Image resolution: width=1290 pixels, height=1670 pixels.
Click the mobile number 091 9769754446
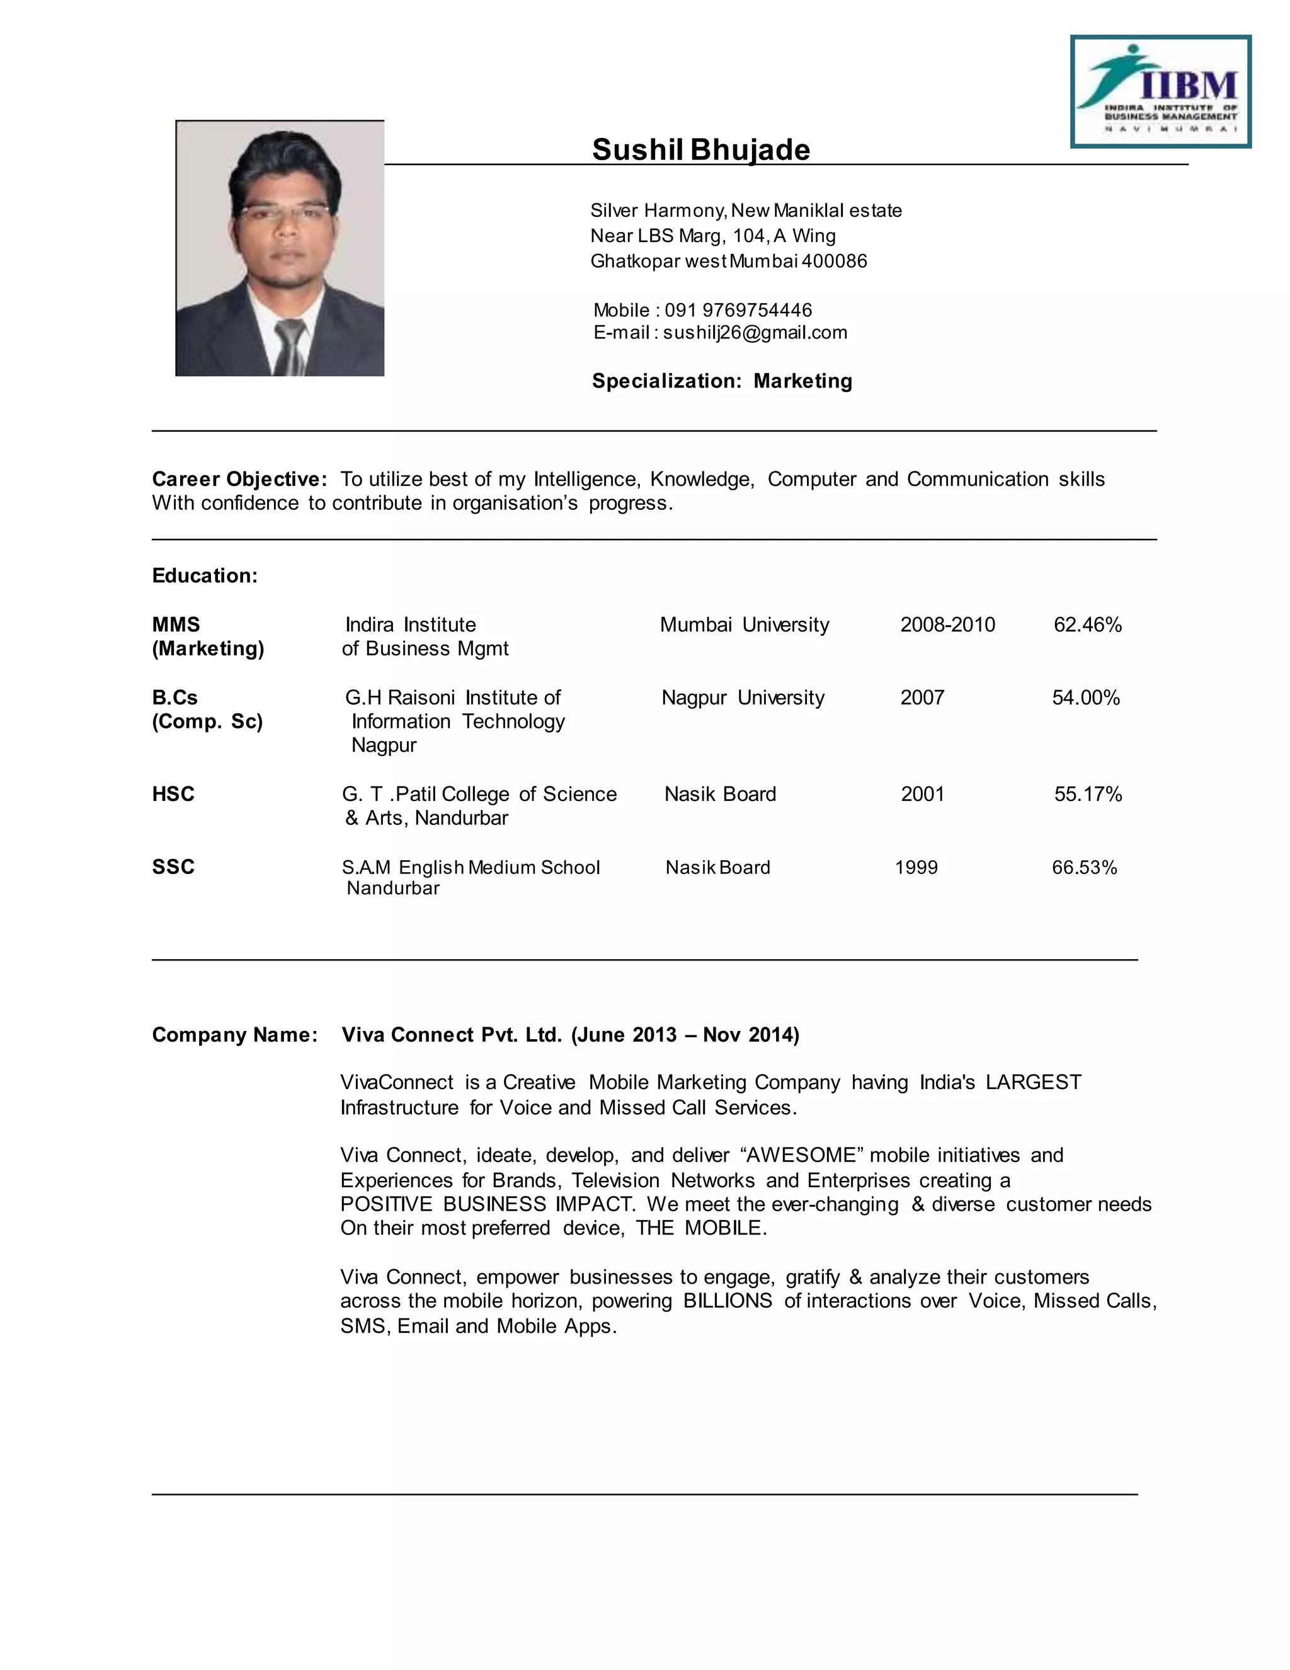tap(738, 311)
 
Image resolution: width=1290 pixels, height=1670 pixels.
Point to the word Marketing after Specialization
tap(802, 381)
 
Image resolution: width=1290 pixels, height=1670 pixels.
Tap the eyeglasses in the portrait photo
tap(284, 212)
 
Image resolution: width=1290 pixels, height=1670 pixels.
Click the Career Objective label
tap(239, 480)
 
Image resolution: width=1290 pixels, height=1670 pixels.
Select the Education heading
tap(205, 576)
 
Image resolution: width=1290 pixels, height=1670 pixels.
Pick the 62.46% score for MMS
tap(1087, 625)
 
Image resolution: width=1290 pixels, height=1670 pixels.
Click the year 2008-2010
tap(947, 625)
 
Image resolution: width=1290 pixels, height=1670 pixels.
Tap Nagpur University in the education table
tap(743, 698)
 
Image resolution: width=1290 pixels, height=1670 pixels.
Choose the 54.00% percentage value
tap(1085, 698)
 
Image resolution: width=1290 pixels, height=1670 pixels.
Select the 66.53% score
tap(1083, 867)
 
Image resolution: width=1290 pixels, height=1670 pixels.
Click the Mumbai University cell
tap(744, 625)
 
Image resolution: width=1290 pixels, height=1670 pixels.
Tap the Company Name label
tap(234, 1035)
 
